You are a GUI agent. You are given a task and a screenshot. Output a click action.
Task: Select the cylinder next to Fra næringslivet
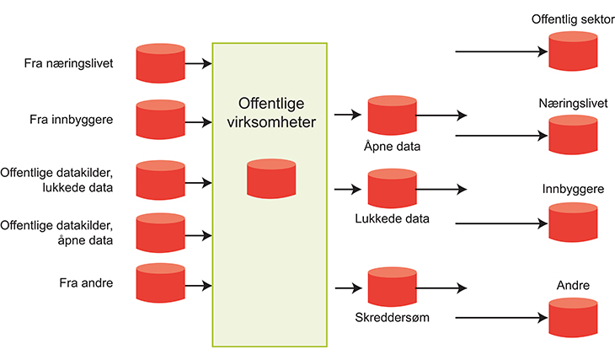coord(160,62)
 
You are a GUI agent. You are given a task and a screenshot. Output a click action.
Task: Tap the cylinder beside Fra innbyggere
coord(160,119)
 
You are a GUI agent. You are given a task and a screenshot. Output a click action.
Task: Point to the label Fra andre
coord(86,282)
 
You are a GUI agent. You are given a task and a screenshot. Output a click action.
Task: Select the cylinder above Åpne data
coord(392,116)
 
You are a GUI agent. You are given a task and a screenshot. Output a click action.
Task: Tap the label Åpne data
coord(392,146)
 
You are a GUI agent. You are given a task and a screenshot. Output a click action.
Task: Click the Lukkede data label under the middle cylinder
coord(392,218)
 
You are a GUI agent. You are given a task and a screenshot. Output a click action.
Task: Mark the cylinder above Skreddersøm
coord(392,287)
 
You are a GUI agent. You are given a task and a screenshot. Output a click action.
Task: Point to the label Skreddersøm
coord(393,318)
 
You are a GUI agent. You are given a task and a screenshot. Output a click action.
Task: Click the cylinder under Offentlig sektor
coord(573,51)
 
